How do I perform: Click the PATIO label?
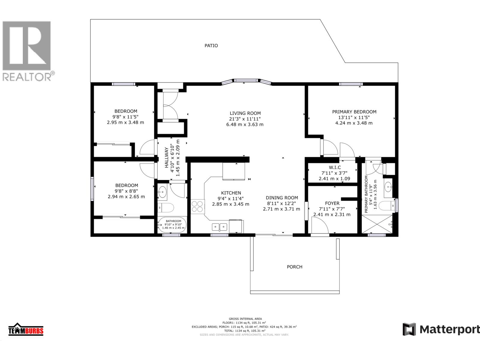tap(211, 46)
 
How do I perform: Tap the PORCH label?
tap(295, 267)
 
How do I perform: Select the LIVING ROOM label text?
tap(245, 113)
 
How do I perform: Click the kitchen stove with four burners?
tap(197, 207)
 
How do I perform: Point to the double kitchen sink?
tap(220, 227)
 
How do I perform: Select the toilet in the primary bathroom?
tap(386, 206)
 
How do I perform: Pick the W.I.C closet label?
tap(334, 167)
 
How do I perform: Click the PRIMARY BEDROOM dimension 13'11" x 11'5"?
tap(354, 117)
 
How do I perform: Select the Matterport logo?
tap(441, 329)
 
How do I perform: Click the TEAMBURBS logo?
tap(26, 330)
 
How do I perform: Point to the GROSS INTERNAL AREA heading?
tap(245, 319)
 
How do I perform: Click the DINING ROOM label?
tap(282, 198)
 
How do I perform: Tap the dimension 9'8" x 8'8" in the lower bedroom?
tap(126, 191)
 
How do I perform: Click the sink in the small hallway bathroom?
tap(163, 192)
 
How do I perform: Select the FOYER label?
tap(332, 203)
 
